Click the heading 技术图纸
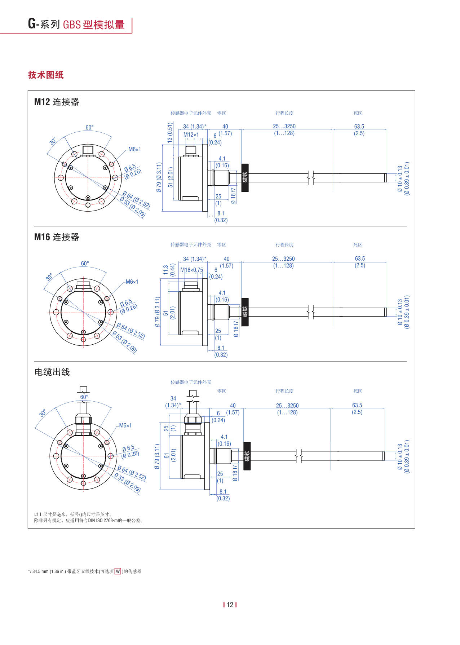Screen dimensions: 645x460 [46, 75]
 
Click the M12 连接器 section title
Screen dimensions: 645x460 [57, 102]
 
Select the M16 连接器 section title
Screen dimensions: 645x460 [57, 237]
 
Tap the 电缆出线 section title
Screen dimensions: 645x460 [52, 372]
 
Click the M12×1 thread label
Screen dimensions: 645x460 [191, 135]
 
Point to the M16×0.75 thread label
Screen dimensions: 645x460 [191, 270]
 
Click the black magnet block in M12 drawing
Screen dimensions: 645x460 [245, 177]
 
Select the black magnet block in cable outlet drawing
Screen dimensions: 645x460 [247, 456]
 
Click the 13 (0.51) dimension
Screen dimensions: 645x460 [170, 133]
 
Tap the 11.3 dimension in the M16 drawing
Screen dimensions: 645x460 [165, 270]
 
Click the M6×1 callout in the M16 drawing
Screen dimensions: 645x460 [132, 282]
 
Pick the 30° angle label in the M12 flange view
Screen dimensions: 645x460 [53, 141]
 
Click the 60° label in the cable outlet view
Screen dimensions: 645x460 [84, 397]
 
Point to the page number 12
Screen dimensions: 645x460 [230, 605]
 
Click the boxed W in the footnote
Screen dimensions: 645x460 [118, 571]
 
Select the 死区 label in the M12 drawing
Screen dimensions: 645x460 [358, 113]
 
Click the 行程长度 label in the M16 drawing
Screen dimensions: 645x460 [284, 245]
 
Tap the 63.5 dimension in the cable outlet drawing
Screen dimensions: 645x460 [357, 405]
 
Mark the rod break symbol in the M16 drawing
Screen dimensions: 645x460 [311, 312]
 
